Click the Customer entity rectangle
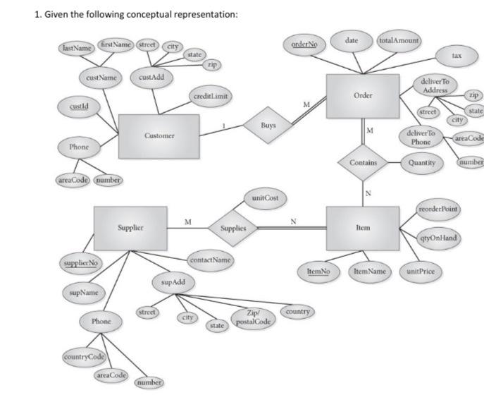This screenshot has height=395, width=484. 159,135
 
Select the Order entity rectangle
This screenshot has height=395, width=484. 363,96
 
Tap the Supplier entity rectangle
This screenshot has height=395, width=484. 130,228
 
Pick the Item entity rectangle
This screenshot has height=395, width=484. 363,228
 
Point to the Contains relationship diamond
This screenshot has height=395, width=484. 363,162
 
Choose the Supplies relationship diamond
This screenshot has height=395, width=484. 233,228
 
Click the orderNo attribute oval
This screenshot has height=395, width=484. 304,44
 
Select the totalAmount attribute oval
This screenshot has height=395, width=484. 399,41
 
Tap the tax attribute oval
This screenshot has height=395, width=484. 457,55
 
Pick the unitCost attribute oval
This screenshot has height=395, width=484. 265,198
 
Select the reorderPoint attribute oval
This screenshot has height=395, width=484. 438,209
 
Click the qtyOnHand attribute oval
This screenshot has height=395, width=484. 438,238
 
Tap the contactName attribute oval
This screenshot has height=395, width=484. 211,260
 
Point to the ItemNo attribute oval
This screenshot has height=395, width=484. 320,271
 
